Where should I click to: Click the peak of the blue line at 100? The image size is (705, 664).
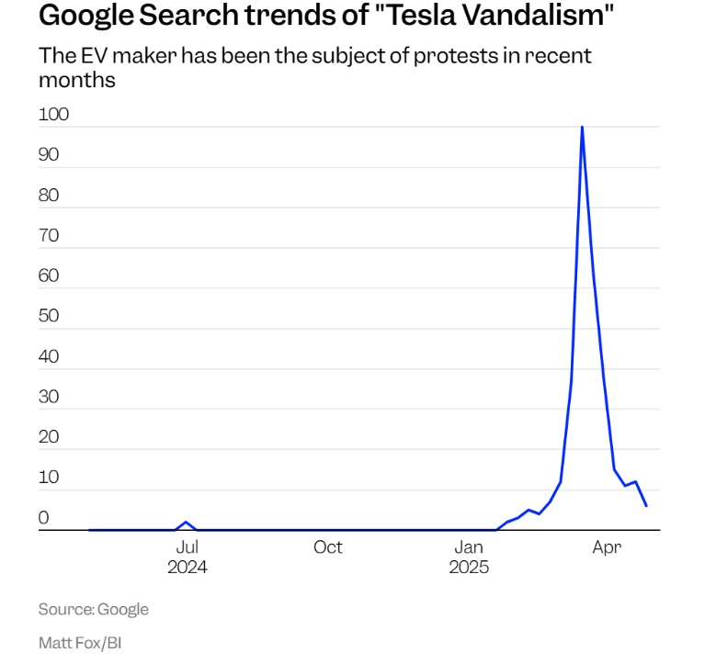tap(582, 128)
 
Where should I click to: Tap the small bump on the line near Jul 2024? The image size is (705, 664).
tap(187, 523)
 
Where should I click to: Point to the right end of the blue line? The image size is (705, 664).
tap(646, 506)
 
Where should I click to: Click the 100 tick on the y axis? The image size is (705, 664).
tap(54, 115)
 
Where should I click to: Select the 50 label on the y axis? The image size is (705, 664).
tap(49, 316)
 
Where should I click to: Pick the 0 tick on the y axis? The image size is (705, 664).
tap(43, 518)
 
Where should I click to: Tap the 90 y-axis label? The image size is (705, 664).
tap(49, 155)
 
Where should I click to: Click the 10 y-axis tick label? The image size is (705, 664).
tap(49, 478)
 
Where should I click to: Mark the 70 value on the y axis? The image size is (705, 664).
tap(49, 236)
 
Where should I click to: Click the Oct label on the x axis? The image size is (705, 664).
tap(327, 547)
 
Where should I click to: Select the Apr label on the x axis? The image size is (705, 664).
tap(607, 547)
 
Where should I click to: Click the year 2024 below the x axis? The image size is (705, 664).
tap(187, 568)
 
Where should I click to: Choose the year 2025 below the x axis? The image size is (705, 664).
tap(469, 568)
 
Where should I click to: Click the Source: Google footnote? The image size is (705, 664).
tap(93, 610)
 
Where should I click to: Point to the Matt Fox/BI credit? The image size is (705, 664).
tap(80, 643)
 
